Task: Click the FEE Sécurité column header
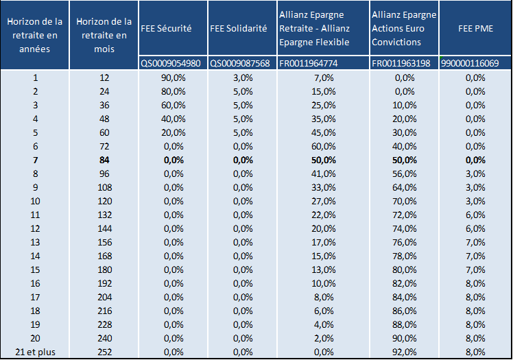tap(166, 28)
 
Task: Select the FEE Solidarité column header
tap(239, 28)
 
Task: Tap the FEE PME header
tap(475, 28)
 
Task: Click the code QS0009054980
tap(171, 63)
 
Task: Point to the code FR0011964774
tap(308, 63)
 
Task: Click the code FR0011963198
tap(401, 63)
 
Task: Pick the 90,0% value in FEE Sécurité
tap(173, 77)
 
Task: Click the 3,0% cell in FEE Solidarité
tap(243, 77)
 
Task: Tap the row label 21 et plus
tap(35, 352)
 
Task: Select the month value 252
tap(104, 352)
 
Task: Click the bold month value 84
tap(104, 160)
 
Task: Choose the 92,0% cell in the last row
tap(405, 352)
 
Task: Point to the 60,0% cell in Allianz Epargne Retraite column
tap(323, 147)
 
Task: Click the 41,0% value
tap(323, 174)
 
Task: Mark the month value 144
tap(104, 228)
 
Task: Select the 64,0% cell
tap(405, 188)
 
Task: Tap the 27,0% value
tap(323, 201)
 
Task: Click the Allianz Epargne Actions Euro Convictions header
tap(404, 28)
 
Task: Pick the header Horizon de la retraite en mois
tap(104, 35)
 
